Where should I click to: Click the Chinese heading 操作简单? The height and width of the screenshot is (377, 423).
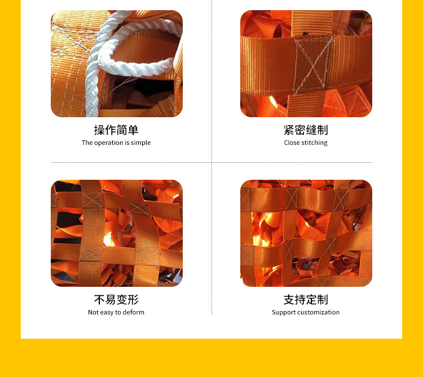[x=116, y=130]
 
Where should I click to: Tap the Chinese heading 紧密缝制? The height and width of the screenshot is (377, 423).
[x=306, y=130]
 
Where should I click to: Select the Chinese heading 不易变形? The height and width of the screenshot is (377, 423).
[x=116, y=300]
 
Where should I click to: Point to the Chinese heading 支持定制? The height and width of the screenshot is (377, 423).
[x=306, y=300]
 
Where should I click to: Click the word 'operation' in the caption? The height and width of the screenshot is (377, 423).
[x=109, y=143]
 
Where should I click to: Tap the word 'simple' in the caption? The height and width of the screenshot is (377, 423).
[x=141, y=143]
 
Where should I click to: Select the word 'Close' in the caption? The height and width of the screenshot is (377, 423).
[x=292, y=143]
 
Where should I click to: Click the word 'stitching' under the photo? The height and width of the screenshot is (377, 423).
[x=314, y=143]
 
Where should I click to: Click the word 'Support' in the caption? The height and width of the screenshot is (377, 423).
[x=283, y=313]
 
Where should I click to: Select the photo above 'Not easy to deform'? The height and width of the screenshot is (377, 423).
[x=117, y=233]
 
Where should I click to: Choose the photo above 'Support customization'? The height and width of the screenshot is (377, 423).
[x=306, y=233]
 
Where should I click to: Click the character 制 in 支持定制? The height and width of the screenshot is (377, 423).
[x=322, y=300]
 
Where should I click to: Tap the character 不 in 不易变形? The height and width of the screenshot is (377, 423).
[x=100, y=300]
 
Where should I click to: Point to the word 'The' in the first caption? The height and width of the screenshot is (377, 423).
[x=87, y=143]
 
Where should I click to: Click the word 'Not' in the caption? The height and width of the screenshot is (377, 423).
[x=93, y=313]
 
